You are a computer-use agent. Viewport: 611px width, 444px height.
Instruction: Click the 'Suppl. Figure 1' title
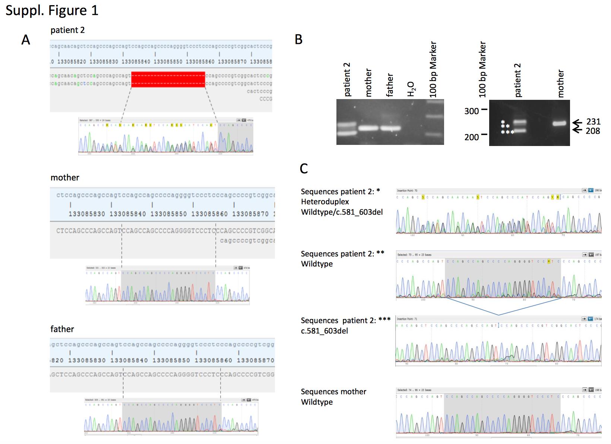tap(52, 10)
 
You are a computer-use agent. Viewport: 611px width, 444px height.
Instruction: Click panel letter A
tap(25, 40)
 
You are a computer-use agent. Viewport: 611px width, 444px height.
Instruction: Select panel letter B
tap(298, 39)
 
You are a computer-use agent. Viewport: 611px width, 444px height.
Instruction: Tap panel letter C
tap(304, 169)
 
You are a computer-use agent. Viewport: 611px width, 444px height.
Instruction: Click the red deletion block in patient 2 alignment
tap(168, 79)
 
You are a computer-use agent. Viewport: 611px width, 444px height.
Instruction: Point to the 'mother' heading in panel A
tap(65, 178)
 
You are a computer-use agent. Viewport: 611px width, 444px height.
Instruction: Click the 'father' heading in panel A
tap(62, 329)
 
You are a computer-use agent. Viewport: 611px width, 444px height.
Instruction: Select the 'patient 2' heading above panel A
tap(67, 30)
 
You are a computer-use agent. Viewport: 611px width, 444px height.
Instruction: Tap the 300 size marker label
tap(471, 111)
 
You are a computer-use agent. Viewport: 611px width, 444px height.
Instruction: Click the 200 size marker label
tap(471, 137)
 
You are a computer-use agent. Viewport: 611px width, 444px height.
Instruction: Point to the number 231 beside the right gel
tap(593, 122)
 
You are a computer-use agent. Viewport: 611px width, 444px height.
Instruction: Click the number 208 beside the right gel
tap(593, 131)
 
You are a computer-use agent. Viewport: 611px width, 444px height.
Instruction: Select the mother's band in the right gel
tap(559, 123)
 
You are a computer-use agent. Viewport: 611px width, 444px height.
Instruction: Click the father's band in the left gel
tap(390, 128)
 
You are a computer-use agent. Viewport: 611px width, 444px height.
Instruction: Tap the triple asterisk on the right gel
tap(507, 132)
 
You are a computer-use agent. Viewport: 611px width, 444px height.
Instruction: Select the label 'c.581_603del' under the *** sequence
tap(324, 331)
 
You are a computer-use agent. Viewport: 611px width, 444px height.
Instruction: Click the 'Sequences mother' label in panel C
tap(333, 392)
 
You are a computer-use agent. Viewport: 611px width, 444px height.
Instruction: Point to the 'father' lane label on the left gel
tap(390, 85)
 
